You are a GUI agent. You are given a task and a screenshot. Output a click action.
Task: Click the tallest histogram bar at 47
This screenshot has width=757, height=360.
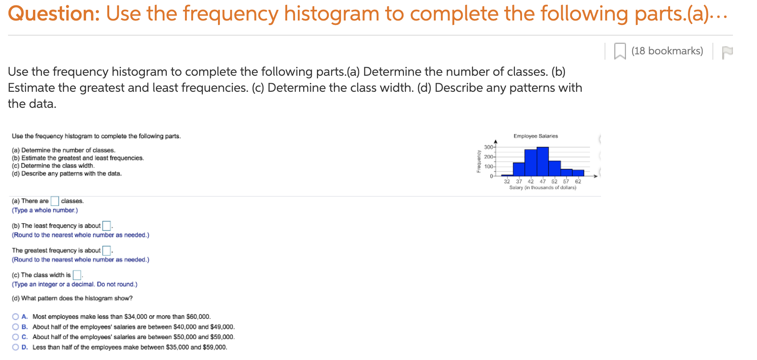[x=543, y=162]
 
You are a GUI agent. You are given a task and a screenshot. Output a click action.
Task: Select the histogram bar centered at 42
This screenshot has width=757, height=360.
[x=531, y=163]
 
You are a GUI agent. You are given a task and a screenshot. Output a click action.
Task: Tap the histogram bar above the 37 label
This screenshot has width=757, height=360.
[x=518, y=169]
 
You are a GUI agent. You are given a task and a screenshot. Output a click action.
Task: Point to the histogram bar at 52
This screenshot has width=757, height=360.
[x=555, y=168]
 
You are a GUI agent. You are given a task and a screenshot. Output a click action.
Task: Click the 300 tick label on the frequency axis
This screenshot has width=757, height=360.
[x=488, y=147]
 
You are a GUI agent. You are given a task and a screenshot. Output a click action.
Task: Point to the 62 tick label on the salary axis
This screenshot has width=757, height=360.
[x=578, y=182]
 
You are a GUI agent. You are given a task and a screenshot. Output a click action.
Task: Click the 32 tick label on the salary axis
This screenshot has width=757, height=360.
[x=507, y=182]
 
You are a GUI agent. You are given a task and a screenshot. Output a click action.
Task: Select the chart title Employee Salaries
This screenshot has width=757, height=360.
[x=535, y=136]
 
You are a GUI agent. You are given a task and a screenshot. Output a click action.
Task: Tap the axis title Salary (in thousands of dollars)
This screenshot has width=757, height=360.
[x=543, y=188]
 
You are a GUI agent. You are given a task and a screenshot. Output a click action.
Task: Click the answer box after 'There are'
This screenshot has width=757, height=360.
[x=55, y=201]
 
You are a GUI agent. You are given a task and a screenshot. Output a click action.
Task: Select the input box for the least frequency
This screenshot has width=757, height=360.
[x=107, y=226]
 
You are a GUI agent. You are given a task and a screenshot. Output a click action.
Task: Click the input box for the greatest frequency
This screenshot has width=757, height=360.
[x=107, y=250]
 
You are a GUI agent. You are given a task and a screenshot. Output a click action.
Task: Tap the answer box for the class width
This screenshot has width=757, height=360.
[x=77, y=275]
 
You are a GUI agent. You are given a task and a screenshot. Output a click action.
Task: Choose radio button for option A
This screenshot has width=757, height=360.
[x=16, y=317]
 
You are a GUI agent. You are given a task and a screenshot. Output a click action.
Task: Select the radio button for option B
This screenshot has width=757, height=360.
[x=16, y=327]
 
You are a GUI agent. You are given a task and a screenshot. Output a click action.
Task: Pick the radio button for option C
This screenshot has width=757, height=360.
[x=16, y=337]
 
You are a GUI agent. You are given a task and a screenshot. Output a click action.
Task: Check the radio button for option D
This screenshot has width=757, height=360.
[x=16, y=348]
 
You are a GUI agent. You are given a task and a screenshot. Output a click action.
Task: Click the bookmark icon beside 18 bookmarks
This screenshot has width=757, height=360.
[x=620, y=51]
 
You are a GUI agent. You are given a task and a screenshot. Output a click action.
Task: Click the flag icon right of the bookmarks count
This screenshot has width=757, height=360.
[x=727, y=52]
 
